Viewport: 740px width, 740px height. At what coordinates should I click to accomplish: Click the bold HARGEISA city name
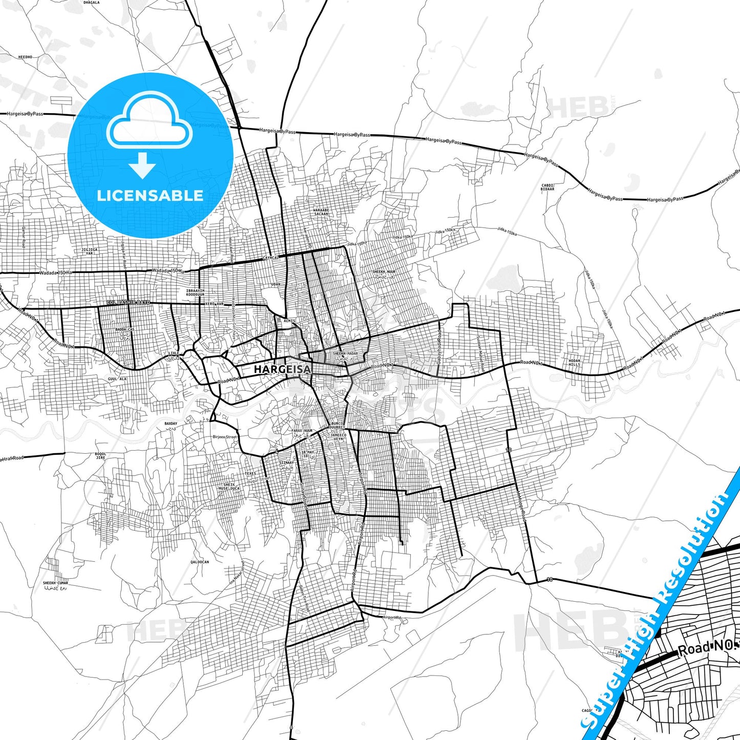pyautogui.click(x=282, y=369)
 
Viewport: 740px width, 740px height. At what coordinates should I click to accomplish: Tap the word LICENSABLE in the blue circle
pyautogui.click(x=150, y=196)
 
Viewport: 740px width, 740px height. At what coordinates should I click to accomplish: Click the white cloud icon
pyautogui.click(x=150, y=122)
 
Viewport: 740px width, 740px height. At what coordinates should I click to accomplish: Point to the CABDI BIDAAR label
pyautogui.click(x=547, y=187)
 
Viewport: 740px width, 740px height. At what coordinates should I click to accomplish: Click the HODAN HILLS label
pyautogui.click(x=575, y=363)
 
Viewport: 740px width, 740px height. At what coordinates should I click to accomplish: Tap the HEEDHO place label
pyautogui.click(x=25, y=57)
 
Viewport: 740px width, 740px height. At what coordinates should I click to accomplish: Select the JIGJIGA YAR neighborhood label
pyautogui.click(x=89, y=251)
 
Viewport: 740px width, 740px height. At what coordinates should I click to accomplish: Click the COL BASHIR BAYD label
pyautogui.click(x=129, y=303)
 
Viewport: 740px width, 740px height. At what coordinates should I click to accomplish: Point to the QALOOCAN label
pyautogui.click(x=200, y=562)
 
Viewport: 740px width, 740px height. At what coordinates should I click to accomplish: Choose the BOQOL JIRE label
pyautogui.click(x=101, y=455)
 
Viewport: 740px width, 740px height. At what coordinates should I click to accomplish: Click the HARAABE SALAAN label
pyautogui.click(x=321, y=212)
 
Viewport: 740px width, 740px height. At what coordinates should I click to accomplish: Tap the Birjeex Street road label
pyautogui.click(x=224, y=437)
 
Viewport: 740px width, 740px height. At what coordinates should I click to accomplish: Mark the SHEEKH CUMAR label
pyautogui.click(x=55, y=583)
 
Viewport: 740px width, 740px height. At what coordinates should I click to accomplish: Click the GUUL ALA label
pyautogui.click(x=117, y=378)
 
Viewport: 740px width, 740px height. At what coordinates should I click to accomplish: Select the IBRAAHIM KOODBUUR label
pyautogui.click(x=195, y=292)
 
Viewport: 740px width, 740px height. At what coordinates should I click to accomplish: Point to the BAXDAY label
pyautogui.click(x=171, y=424)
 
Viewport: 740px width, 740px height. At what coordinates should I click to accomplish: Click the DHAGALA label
pyautogui.click(x=91, y=2)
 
